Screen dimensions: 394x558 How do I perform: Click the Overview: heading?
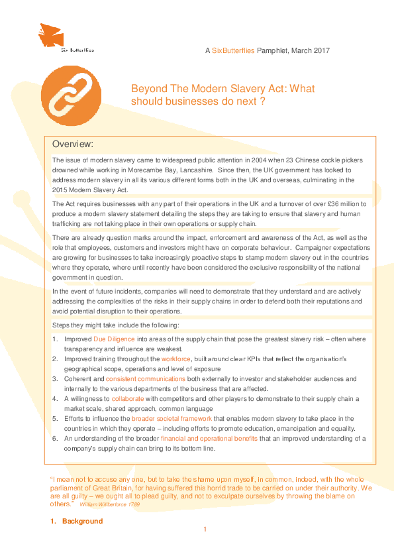[73, 144]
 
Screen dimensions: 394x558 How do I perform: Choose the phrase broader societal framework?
[171, 418]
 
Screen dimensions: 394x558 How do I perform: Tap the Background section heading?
[82, 521]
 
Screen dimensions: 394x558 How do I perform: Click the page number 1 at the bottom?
[205, 530]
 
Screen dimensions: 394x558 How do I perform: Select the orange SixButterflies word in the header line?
[232, 51]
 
